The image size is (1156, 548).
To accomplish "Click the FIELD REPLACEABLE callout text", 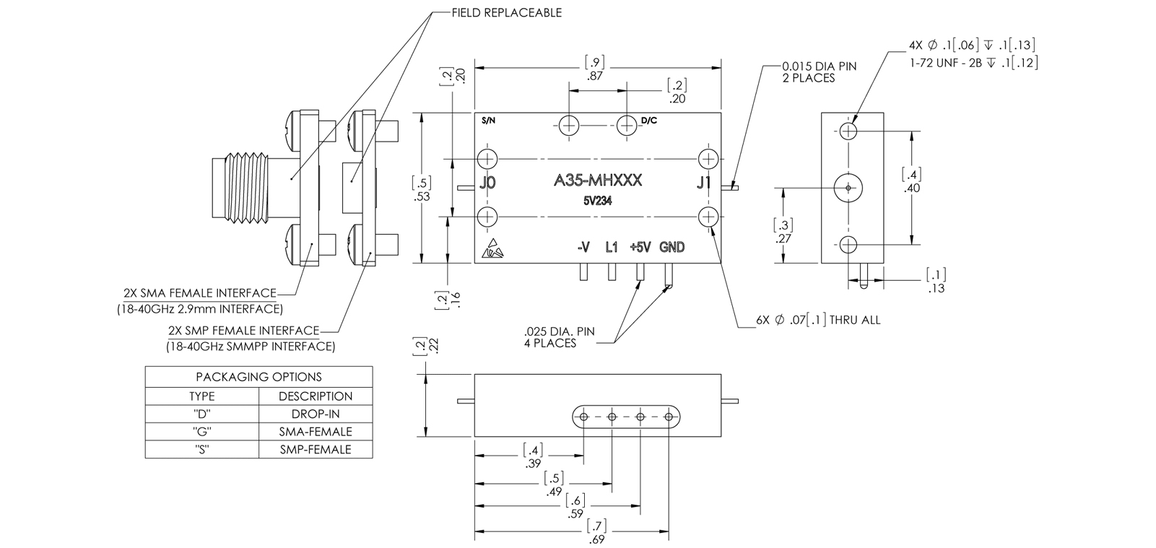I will click(x=505, y=13).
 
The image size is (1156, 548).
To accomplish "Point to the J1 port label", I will click(x=704, y=183).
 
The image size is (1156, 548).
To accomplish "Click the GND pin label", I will click(x=672, y=248).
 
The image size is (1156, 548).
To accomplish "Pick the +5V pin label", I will click(x=640, y=248).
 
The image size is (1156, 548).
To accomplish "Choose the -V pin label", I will click(x=583, y=248).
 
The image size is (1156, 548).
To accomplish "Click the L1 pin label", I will click(x=612, y=248).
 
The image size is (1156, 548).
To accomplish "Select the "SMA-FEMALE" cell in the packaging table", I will click(x=316, y=432).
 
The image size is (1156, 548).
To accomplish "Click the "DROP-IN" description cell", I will click(x=316, y=414).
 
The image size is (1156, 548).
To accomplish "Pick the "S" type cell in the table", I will click(x=201, y=449).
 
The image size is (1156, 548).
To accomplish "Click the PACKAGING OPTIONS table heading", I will click(x=258, y=377).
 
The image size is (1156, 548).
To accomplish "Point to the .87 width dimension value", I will click(x=596, y=75).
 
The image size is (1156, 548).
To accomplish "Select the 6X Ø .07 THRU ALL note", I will click(x=817, y=320).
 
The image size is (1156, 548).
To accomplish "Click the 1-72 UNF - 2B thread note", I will click(x=973, y=64).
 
